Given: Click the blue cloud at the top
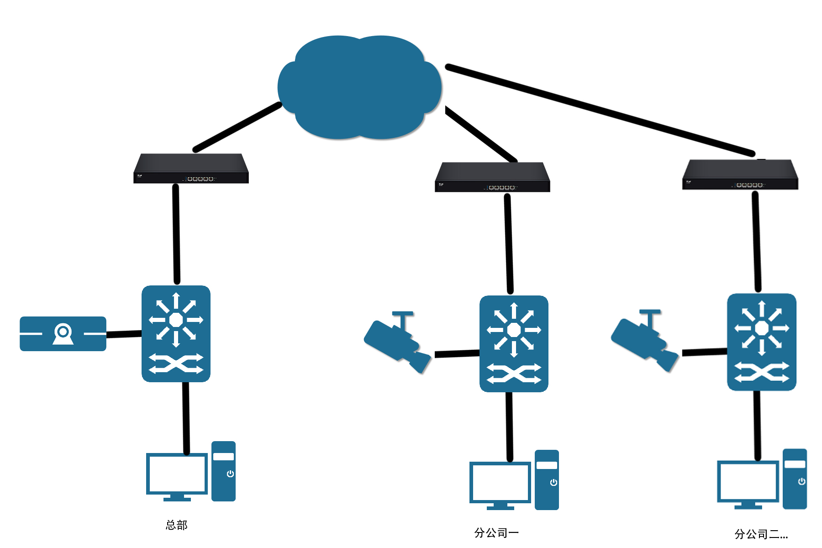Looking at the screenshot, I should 359,87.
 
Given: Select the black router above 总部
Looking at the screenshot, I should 191,169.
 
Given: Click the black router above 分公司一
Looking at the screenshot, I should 492,177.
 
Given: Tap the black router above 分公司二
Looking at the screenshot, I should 740,174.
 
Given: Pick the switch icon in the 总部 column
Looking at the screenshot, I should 176,334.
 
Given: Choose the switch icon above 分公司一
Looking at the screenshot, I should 514,343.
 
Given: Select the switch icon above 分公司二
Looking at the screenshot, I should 761,342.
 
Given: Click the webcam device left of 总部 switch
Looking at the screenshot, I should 63,334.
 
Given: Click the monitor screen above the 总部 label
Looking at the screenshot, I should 177,474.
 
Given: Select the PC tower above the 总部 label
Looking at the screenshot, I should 223,471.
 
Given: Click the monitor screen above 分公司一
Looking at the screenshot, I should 500,482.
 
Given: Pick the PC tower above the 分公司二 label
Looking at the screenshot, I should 795,479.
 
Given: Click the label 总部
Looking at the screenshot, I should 177,525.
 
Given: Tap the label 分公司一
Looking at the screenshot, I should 496,533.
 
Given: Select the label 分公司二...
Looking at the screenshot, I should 761,534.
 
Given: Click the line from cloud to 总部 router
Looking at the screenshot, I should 237,126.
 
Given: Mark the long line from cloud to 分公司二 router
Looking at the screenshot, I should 599,110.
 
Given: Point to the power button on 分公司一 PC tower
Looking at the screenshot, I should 553,482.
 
